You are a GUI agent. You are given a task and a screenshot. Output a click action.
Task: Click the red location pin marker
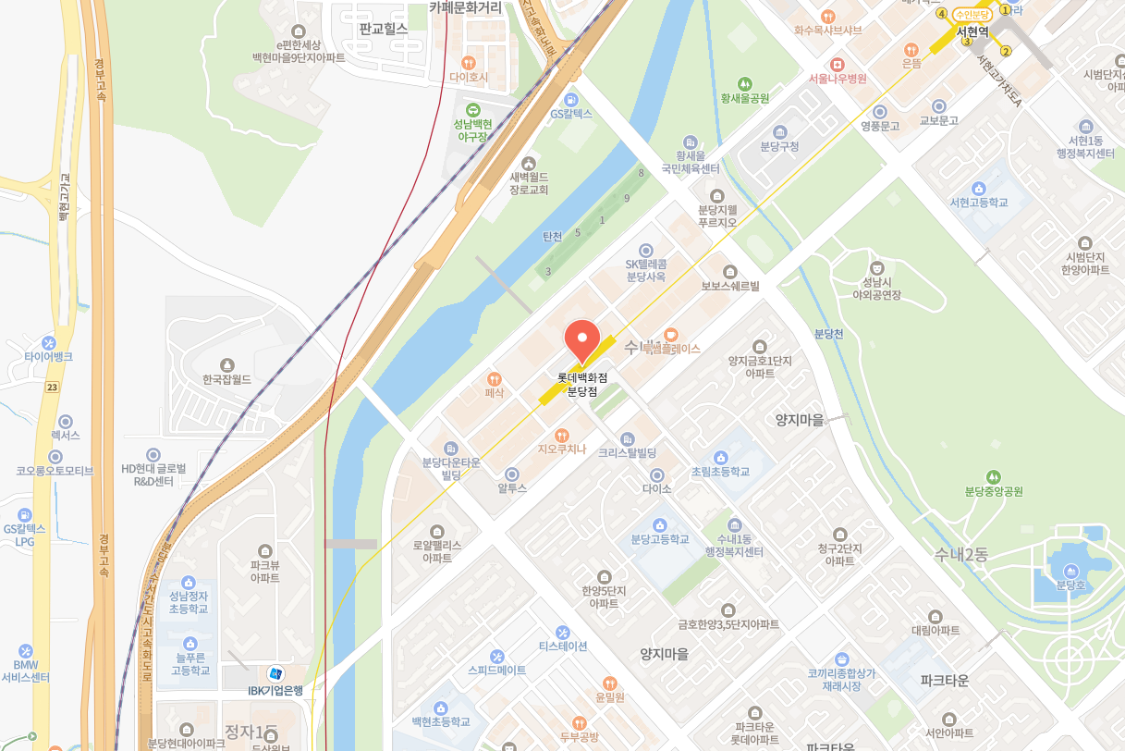pyautogui.click(x=582, y=339)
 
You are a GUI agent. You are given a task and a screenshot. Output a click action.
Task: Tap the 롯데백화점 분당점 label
pyautogui.click(x=582, y=385)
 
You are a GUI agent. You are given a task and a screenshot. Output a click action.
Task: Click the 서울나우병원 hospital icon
pyautogui.click(x=838, y=64)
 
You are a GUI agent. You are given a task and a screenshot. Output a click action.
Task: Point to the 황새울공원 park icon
pyautogui.click(x=745, y=83)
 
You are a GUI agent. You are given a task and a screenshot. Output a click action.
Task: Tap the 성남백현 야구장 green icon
pyautogui.click(x=472, y=110)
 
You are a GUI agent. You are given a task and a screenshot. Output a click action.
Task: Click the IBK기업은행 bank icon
pyautogui.click(x=275, y=673)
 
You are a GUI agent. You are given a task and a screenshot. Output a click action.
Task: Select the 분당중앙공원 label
pyautogui.click(x=994, y=491)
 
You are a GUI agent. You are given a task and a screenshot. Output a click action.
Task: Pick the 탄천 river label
pyautogui.click(x=553, y=237)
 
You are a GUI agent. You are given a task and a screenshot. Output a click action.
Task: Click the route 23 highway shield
pyautogui.click(x=52, y=388)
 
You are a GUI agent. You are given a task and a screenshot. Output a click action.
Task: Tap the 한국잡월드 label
pyautogui.click(x=227, y=379)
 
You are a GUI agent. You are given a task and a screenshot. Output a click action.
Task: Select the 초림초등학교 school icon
pyautogui.click(x=721, y=457)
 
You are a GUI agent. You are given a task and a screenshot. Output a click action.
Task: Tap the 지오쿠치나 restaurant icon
pyautogui.click(x=562, y=435)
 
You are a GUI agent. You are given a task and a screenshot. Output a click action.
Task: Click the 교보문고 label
pyautogui.click(x=938, y=121)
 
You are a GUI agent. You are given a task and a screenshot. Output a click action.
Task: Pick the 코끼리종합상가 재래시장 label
pyautogui.click(x=841, y=680)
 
